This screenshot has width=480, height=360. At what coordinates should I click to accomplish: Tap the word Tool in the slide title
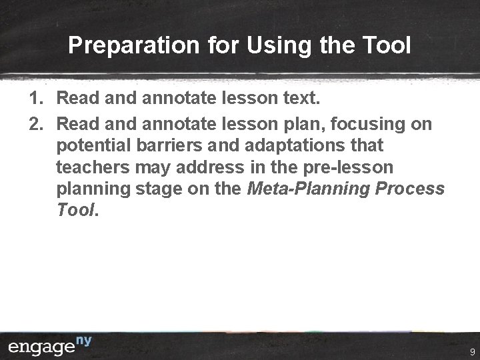[387, 45]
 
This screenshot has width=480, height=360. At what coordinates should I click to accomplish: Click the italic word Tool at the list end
[76, 210]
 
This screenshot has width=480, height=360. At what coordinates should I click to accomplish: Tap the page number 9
[471, 351]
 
